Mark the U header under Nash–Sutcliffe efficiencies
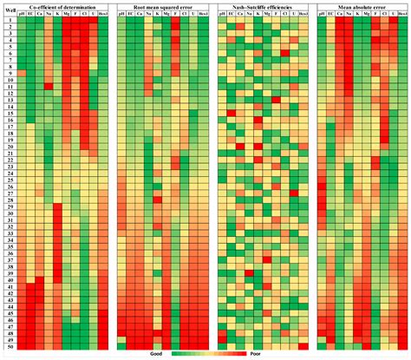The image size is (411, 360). (x=292, y=16)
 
